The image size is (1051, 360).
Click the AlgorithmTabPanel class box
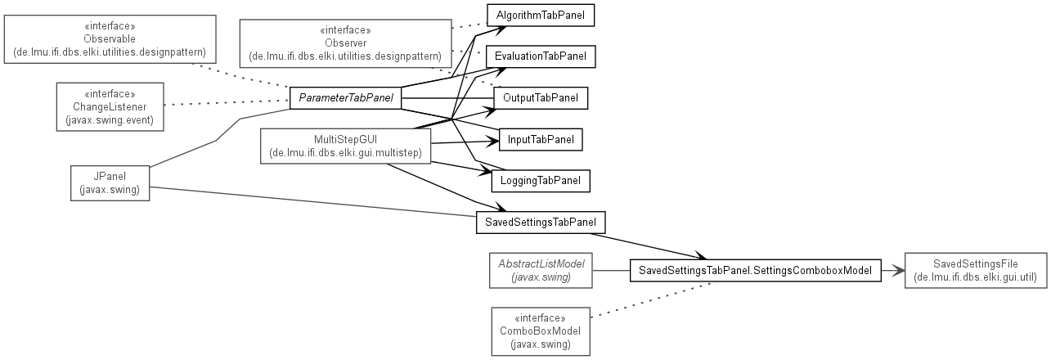point(541,16)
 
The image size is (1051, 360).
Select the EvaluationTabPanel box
point(541,56)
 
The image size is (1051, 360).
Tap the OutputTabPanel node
point(541,98)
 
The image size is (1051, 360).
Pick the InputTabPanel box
point(541,139)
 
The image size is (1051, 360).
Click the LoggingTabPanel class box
point(541,181)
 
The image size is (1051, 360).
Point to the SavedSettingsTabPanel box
point(541,222)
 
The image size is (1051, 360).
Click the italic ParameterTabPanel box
point(346,98)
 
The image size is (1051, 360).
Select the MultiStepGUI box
point(346,146)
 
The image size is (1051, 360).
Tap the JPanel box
point(110,183)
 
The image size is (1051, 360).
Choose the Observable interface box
point(110,39)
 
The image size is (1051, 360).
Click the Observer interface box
point(346,43)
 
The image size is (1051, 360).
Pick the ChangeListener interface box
point(110,107)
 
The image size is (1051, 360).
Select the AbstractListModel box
point(541,270)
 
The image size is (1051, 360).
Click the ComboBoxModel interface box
point(541,331)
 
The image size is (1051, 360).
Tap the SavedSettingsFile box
point(976,270)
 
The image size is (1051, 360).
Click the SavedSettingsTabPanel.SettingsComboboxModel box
point(756,270)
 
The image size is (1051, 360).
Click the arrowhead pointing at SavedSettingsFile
point(899,270)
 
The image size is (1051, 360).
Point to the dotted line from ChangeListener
point(227,102)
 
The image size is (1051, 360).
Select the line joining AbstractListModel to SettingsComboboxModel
point(611,270)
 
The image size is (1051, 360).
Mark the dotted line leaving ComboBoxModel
point(653,299)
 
